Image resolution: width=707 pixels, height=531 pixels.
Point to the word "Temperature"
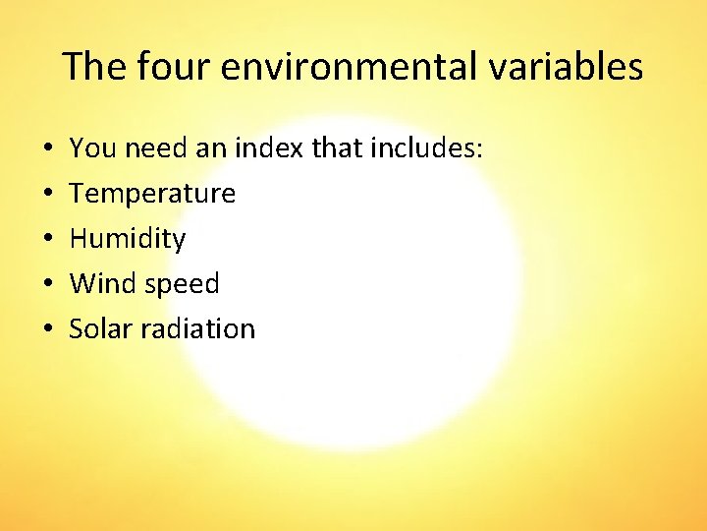click(152, 194)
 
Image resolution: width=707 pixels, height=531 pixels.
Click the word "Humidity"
click(128, 239)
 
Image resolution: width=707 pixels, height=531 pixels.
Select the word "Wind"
click(103, 284)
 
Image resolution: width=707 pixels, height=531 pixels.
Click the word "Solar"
click(100, 329)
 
